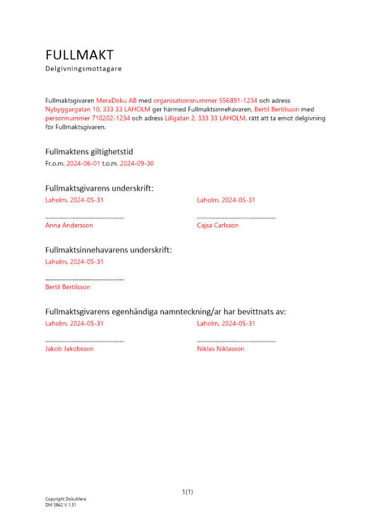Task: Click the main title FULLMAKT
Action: coord(80,55)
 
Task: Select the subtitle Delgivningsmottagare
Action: coord(83,69)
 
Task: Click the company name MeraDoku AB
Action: coord(116,100)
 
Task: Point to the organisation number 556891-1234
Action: coord(238,100)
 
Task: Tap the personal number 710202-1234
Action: coord(111,118)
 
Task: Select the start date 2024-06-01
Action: coord(83,164)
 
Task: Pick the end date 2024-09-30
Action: coord(137,164)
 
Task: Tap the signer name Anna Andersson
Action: coord(69,225)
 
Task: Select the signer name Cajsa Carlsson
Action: coord(217,225)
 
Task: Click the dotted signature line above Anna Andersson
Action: coord(85,217)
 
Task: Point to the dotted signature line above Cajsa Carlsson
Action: coord(236,217)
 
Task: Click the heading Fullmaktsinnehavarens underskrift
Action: coord(108,250)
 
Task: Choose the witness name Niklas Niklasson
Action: coord(221,349)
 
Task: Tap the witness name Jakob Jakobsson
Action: coord(69,349)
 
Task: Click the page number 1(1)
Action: coord(187,492)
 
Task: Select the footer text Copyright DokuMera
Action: coord(65,499)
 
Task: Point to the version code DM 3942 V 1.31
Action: coord(60,505)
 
